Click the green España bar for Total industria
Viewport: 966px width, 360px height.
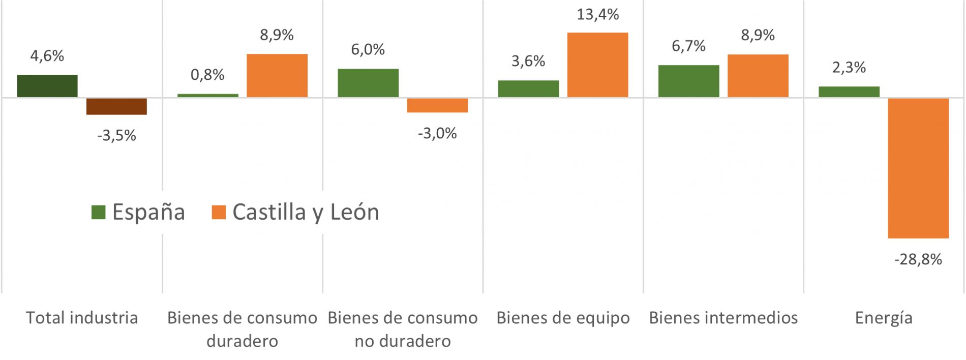[x=47, y=85]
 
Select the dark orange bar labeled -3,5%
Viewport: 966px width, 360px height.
[x=116, y=106]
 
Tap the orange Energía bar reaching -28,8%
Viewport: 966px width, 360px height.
[x=918, y=168]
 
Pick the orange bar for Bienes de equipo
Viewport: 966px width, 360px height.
[x=597, y=65]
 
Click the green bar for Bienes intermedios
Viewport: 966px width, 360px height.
[x=688, y=81]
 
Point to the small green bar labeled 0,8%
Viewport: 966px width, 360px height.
[x=207, y=95]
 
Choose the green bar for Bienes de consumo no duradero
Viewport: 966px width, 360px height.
[x=368, y=82]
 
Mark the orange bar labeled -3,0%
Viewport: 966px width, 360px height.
[x=437, y=105]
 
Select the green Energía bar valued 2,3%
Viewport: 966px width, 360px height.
[x=849, y=92]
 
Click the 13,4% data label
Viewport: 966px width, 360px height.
[x=597, y=15]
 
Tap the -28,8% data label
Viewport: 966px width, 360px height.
[x=918, y=260]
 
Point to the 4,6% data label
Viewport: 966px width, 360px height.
[x=47, y=56]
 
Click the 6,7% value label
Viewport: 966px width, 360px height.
[x=688, y=46]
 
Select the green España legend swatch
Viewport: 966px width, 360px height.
[x=98, y=212]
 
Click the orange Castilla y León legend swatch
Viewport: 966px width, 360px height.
[x=219, y=212]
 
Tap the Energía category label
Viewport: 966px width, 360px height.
[x=884, y=318]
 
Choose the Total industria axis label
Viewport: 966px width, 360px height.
[x=82, y=318]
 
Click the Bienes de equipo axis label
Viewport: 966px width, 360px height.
[x=563, y=318]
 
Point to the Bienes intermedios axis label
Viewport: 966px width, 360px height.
[x=723, y=318]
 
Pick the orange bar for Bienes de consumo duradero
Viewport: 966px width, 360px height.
[x=277, y=75]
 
